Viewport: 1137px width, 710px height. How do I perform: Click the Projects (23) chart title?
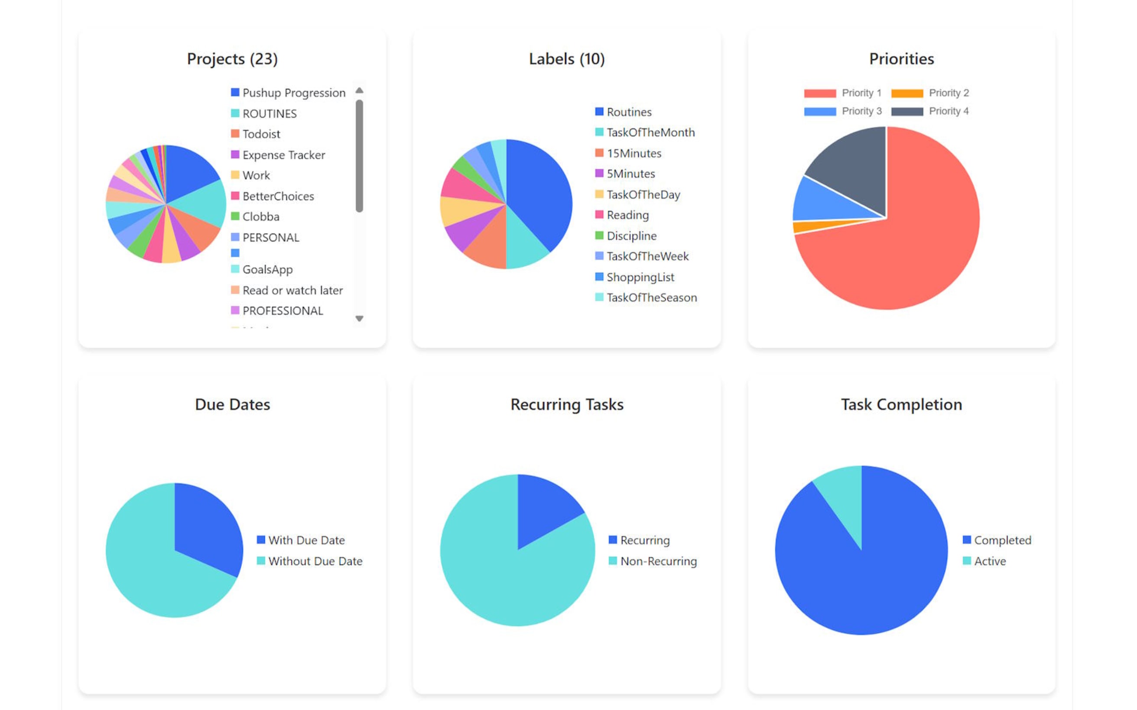point(232,59)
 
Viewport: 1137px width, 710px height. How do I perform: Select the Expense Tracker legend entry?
point(283,155)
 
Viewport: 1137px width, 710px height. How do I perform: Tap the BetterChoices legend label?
point(278,196)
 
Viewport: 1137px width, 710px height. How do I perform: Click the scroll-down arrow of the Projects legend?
point(359,318)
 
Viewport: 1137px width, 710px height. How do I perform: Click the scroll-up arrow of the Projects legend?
point(359,90)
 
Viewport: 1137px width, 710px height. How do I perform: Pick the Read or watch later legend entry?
point(292,290)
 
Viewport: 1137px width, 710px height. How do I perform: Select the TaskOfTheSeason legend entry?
point(651,298)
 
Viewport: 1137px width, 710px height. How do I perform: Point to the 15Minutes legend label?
point(634,154)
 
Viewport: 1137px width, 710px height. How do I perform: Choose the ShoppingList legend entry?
point(640,277)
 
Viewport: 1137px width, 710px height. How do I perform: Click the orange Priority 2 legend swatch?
point(907,93)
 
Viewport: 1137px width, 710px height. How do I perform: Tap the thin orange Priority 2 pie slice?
point(808,227)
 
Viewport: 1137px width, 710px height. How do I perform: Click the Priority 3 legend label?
point(861,111)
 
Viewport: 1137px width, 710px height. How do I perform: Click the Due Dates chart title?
point(232,405)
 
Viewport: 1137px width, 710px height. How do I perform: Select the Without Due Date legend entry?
point(315,561)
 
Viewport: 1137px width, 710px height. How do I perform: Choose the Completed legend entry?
point(1002,540)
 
